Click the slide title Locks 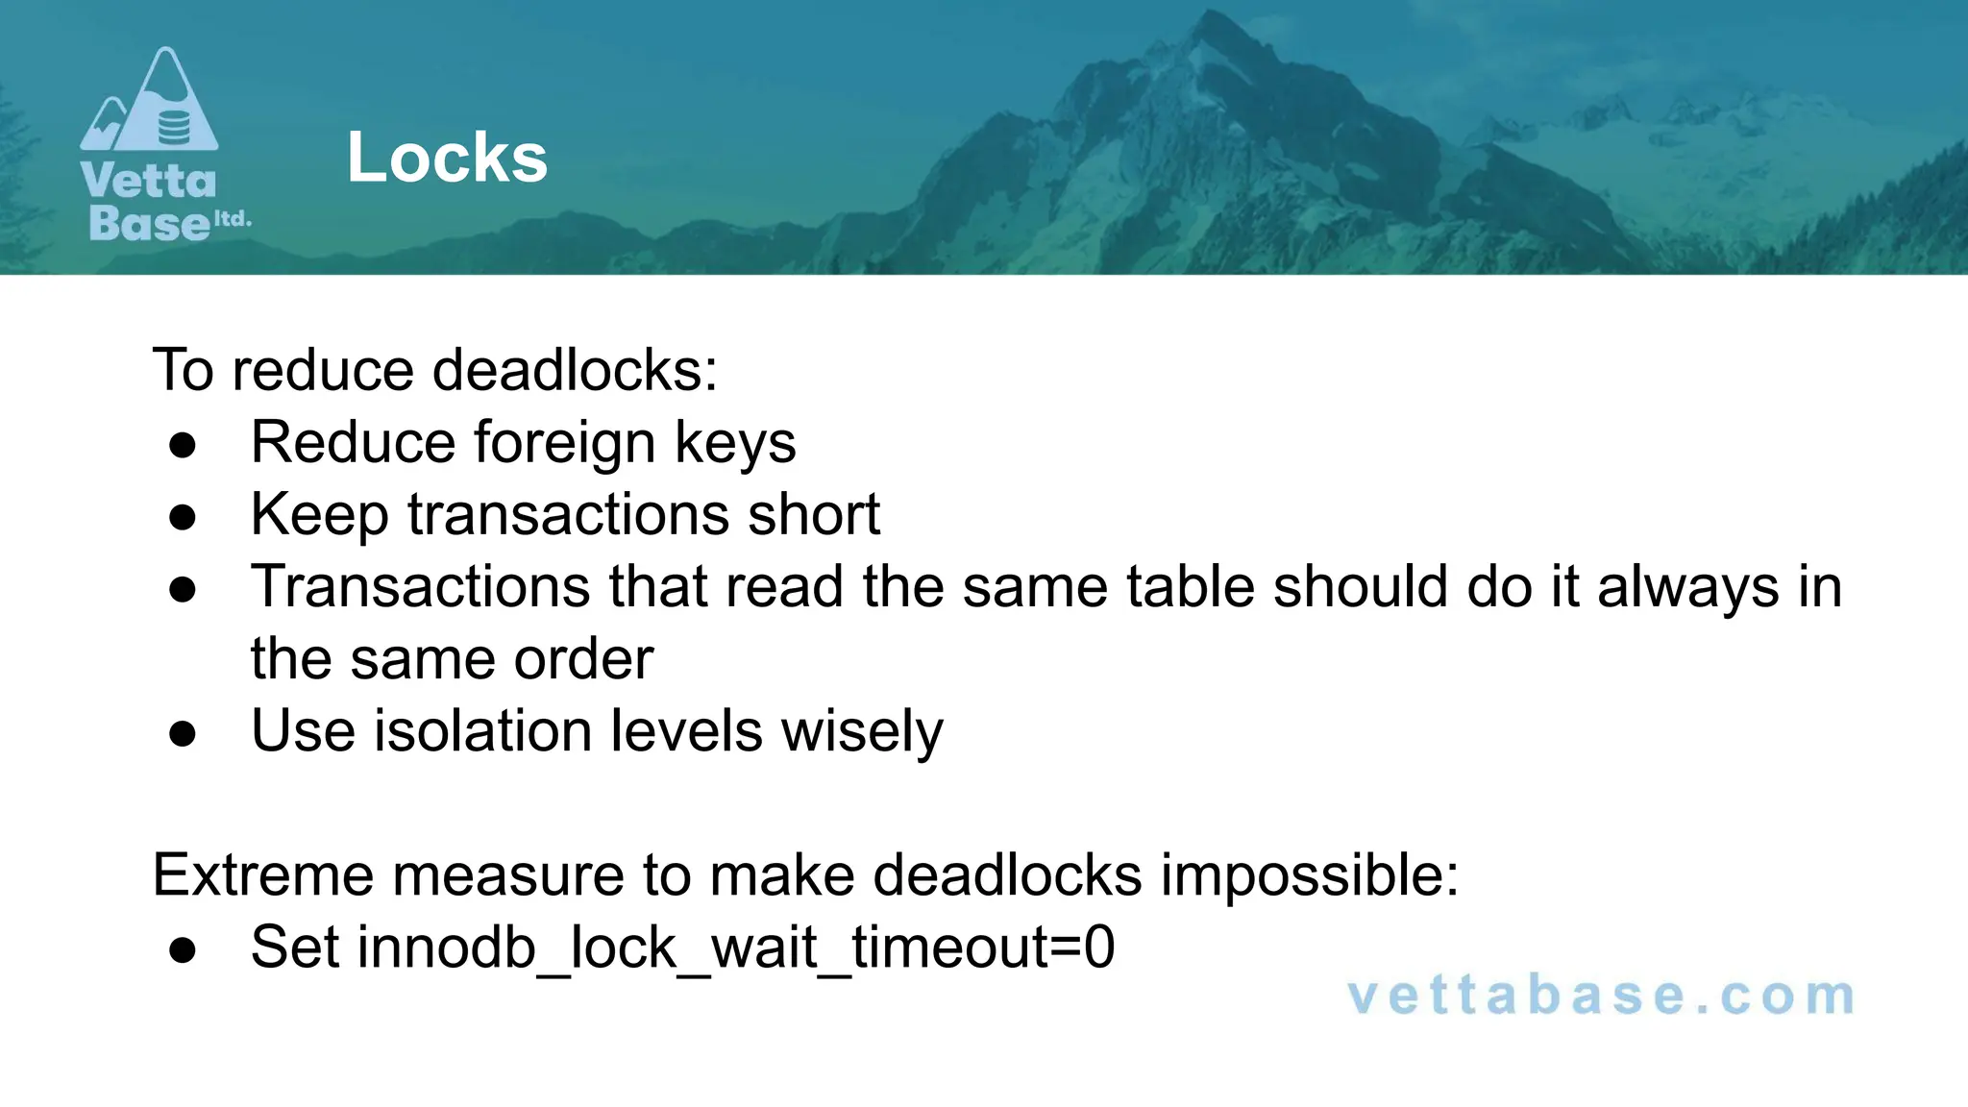(x=447, y=158)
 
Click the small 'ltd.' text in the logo (x=232, y=219)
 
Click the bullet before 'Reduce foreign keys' (x=183, y=445)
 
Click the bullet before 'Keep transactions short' (x=183, y=517)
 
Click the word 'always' (x=1687, y=588)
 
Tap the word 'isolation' (x=483, y=730)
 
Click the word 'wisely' (x=862, y=732)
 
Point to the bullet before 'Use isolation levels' (x=183, y=734)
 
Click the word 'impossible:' (x=1310, y=875)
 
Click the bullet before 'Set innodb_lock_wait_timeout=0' (x=183, y=950)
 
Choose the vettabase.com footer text (x=1601, y=996)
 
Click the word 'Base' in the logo (x=148, y=223)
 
